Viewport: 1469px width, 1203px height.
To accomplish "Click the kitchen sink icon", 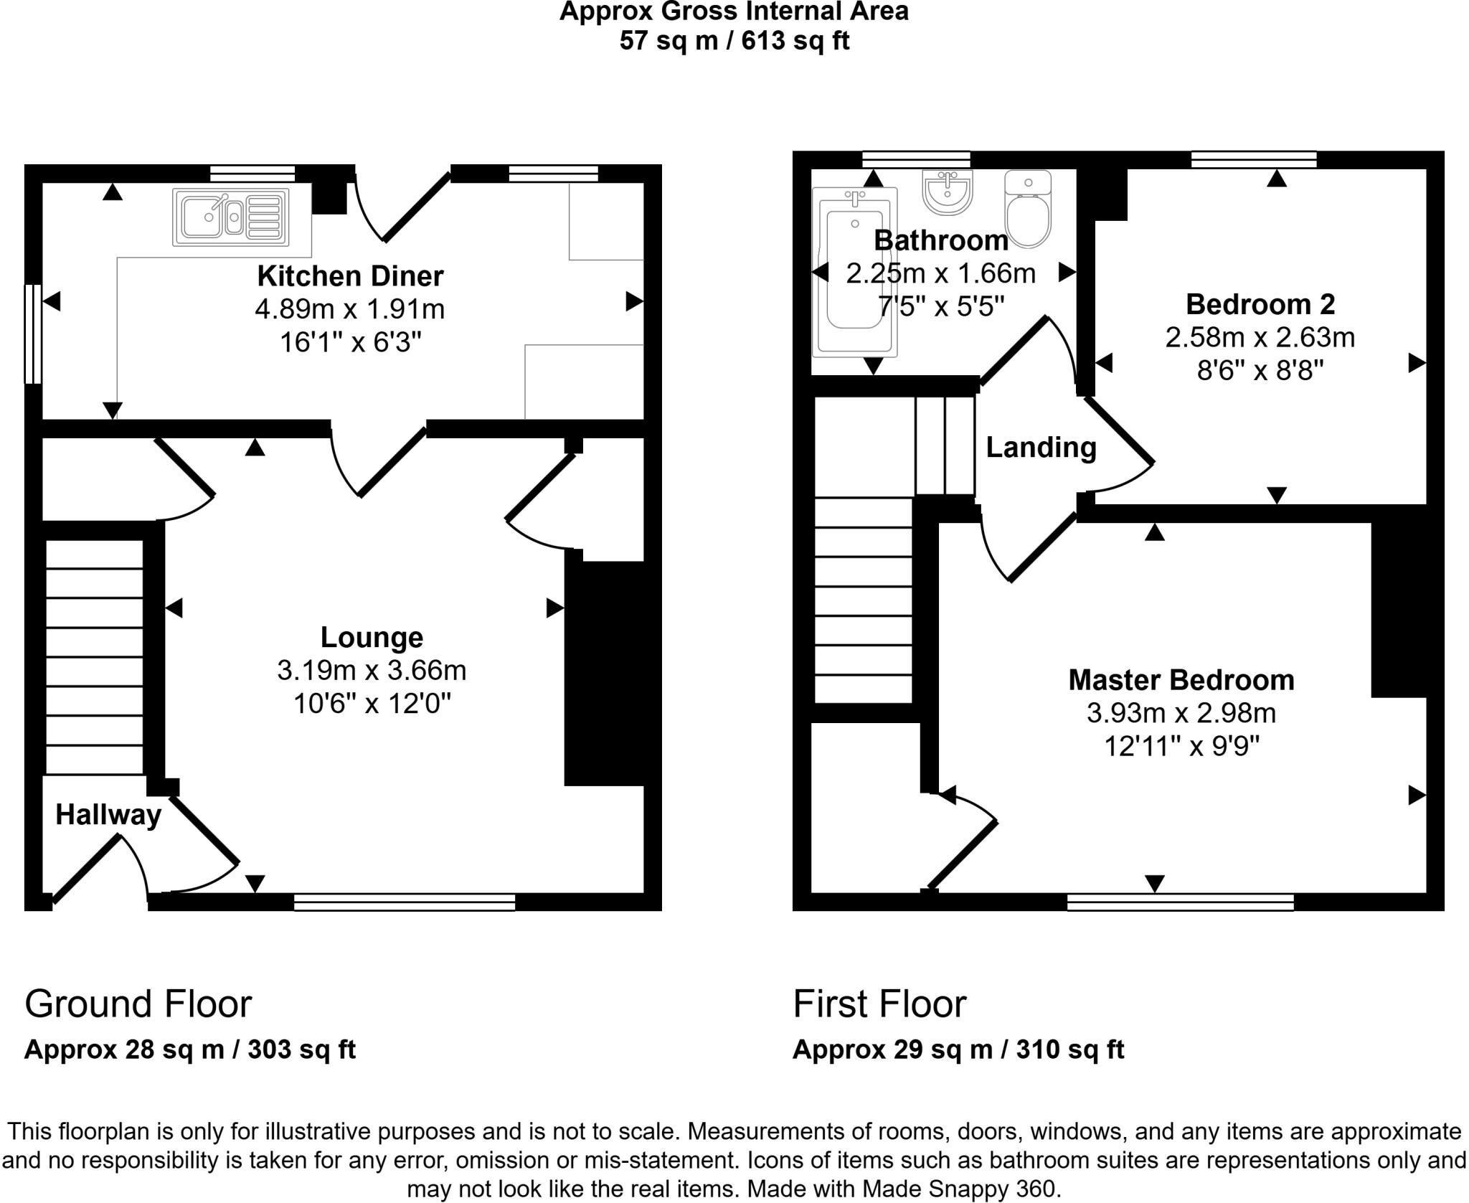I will (230, 217).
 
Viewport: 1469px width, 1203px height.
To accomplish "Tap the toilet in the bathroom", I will (1028, 209).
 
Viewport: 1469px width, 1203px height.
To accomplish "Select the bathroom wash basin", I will (947, 192).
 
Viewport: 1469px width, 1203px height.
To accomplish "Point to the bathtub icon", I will (854, 273).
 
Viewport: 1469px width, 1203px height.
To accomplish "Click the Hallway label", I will (108, 815).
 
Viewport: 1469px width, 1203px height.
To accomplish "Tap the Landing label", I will (1041, 448).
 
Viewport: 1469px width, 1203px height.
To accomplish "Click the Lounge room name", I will (372, 637).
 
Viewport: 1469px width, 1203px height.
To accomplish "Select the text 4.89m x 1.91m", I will (350, 309).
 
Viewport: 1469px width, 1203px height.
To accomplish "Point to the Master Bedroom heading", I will (1181, 680).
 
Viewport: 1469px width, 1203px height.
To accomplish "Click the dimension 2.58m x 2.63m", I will (1260, 337).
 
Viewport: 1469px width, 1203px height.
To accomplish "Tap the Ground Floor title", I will (138, 1004).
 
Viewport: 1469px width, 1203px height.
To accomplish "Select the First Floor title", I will (879, 1004).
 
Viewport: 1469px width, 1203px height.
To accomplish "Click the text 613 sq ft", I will (795, 41).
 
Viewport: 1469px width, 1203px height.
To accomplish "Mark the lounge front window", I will (405, 902).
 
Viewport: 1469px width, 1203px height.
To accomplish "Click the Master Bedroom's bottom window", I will (1180, 902).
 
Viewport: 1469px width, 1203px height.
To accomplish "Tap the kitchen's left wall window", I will (32, 334).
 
